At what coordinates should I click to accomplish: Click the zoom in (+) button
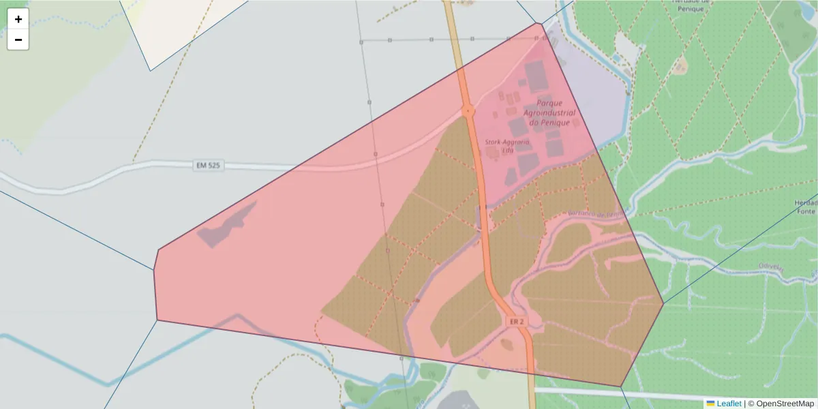pyautogui.click(x=18, y=19)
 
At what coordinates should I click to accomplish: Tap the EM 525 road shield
pyautogui.click(x=209, y=166)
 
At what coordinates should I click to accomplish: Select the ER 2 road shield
pyautogui.click(x=516, y=321)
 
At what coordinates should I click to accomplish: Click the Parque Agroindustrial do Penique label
pyautogui.click(x=550, y=112)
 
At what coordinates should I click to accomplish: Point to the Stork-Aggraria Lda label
pyautogui.click(x=506, y=145)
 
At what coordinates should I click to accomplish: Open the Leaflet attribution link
pyautogui.click(x=729, y=404)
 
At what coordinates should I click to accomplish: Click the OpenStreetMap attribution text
pyautogui.click(x=781, y=404)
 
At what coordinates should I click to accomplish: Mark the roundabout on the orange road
pyautogui.click(x=468, y=110)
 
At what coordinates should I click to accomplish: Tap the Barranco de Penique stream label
pyautogui.click(x=596, y=214)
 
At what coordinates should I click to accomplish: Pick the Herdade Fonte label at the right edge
pyautogui.click(x=806, y=207)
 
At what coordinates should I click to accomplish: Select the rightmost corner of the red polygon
pyautogui.click(x=663, y=303)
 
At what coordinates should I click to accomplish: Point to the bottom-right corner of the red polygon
pyautogui.click(x=621, y=387)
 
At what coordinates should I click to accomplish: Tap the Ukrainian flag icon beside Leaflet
pyautogui.click(x=711, y=404)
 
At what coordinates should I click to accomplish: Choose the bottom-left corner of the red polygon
pyautogui.click(x=157, y=320)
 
